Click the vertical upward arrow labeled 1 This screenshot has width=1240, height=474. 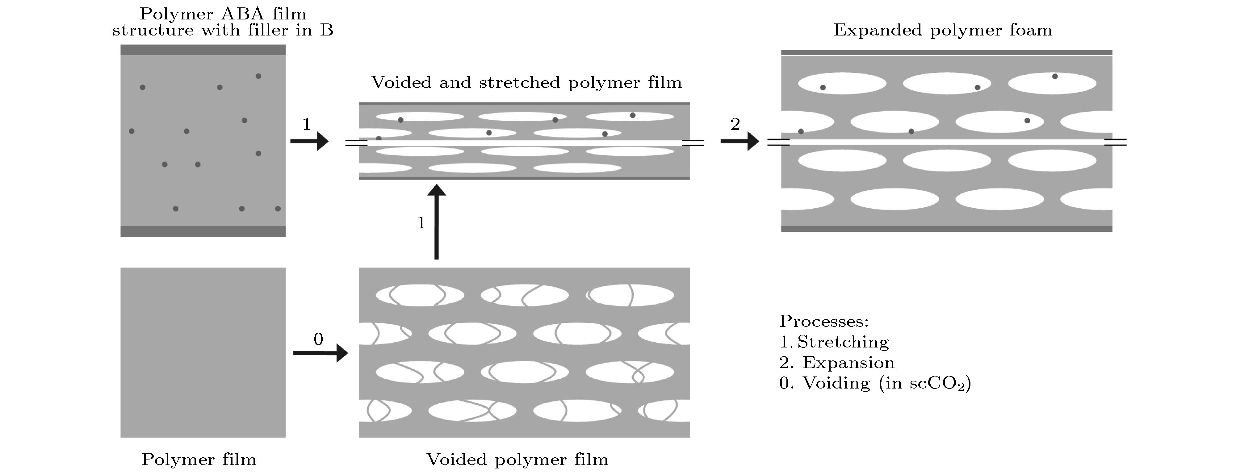tap(437, 222)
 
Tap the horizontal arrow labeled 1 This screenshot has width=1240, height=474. tap(309, 141)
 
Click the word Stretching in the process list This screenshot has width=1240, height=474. tap(843, 342)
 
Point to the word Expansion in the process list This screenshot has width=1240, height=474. tap(848, 362)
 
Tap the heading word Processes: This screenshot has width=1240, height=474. tap(823, 321)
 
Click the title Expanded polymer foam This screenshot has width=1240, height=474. tap(943, 30)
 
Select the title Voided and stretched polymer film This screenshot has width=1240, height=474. tap(526, 83)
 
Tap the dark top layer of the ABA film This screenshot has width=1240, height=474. tap(203, 50)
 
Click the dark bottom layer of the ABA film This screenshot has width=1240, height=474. tap(203, 231)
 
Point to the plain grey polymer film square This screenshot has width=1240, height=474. tap(203, 352)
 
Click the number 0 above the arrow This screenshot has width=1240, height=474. tap(318, 339)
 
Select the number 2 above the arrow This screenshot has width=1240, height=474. tap(735, 124)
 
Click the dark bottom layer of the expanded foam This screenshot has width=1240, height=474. tap(946, 229)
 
